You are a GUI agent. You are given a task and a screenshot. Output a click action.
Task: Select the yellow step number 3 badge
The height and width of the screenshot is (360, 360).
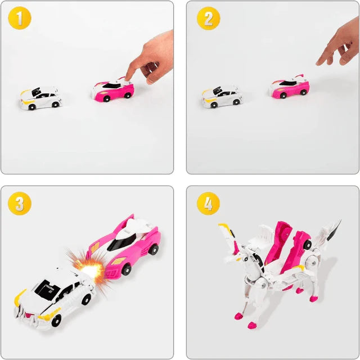[19, 203]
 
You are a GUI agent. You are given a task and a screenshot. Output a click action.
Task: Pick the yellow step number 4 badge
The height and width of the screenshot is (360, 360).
[208, 203]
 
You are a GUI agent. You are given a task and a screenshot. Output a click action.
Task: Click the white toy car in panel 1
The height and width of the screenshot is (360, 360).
[40, 98]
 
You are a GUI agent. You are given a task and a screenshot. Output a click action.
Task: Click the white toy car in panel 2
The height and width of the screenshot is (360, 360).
[222, 96]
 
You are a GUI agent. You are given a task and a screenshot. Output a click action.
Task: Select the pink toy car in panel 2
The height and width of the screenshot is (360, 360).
[290, 87]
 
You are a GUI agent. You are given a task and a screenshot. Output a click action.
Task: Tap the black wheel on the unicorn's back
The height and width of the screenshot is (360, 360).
[307, 245]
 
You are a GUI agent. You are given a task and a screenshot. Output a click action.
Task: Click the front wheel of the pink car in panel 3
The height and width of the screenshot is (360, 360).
[126, 270]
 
